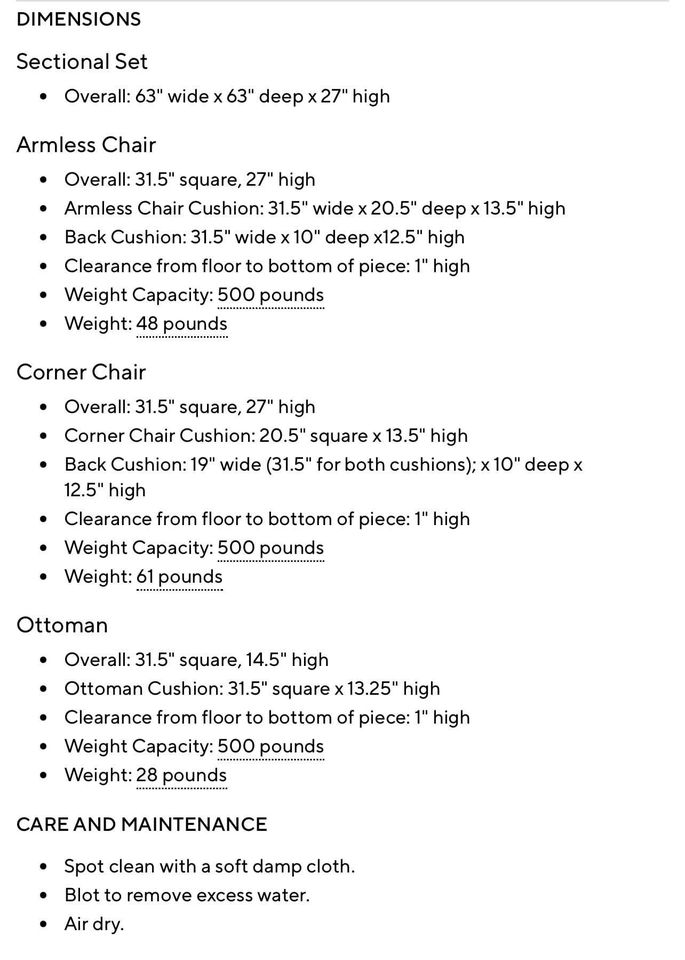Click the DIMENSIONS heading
click(79, 19)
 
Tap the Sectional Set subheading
click(82, 62)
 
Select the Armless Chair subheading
click(86, 145)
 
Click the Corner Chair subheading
click(81, 372)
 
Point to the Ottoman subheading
click(62, 625)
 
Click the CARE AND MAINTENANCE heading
click(142, 824)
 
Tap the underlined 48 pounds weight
click(182, 324)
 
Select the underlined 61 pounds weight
click(180, 577)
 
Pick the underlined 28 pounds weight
click(182, 775)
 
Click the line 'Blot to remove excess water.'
click(187, 895)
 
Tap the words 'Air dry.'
click(94, 924)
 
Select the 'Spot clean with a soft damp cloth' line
click(209, 866)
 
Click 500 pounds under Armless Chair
click(271, 295)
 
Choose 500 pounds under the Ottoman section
click(271, 746)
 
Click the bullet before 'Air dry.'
click(43, 925)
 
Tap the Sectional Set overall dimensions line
click(227, 97)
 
